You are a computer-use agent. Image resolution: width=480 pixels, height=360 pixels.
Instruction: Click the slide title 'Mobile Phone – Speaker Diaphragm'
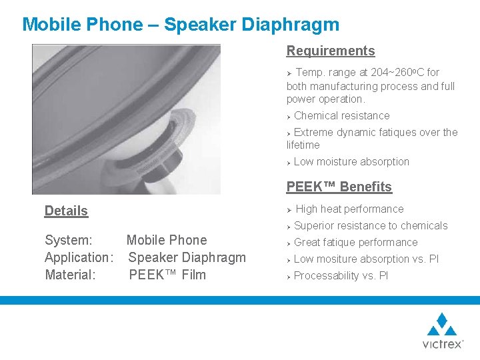[x=181, y=25]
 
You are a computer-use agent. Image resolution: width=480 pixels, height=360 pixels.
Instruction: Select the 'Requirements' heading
[x=331, y=51]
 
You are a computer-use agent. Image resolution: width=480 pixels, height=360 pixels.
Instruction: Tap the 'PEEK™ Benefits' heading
[x=339, y=187]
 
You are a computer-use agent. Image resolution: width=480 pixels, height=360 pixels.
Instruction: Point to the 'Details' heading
[x=66, y=211]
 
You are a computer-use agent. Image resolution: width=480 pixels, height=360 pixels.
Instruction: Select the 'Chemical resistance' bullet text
[x=341, y=115]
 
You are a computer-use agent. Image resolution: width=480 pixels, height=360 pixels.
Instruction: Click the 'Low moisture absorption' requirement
[x=351, y=161]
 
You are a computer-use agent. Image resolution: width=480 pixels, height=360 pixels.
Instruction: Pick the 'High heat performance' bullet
[x=349, y=209]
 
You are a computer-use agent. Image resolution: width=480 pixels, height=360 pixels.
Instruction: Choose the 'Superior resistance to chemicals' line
[x=371, y=225]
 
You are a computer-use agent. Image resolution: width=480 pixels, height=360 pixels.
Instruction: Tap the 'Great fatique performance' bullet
[x=355, y=242]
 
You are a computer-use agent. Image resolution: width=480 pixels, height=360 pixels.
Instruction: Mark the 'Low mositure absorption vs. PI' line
[x=366, y=259]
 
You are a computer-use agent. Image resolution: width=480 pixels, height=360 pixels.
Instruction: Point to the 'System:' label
[x=68, y=240]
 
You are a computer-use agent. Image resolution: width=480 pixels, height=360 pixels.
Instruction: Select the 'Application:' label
[x=79, y=257]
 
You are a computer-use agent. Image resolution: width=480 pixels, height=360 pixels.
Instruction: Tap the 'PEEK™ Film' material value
[x=167, y=275]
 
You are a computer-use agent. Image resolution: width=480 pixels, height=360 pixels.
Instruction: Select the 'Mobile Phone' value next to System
[x=167, y=240]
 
